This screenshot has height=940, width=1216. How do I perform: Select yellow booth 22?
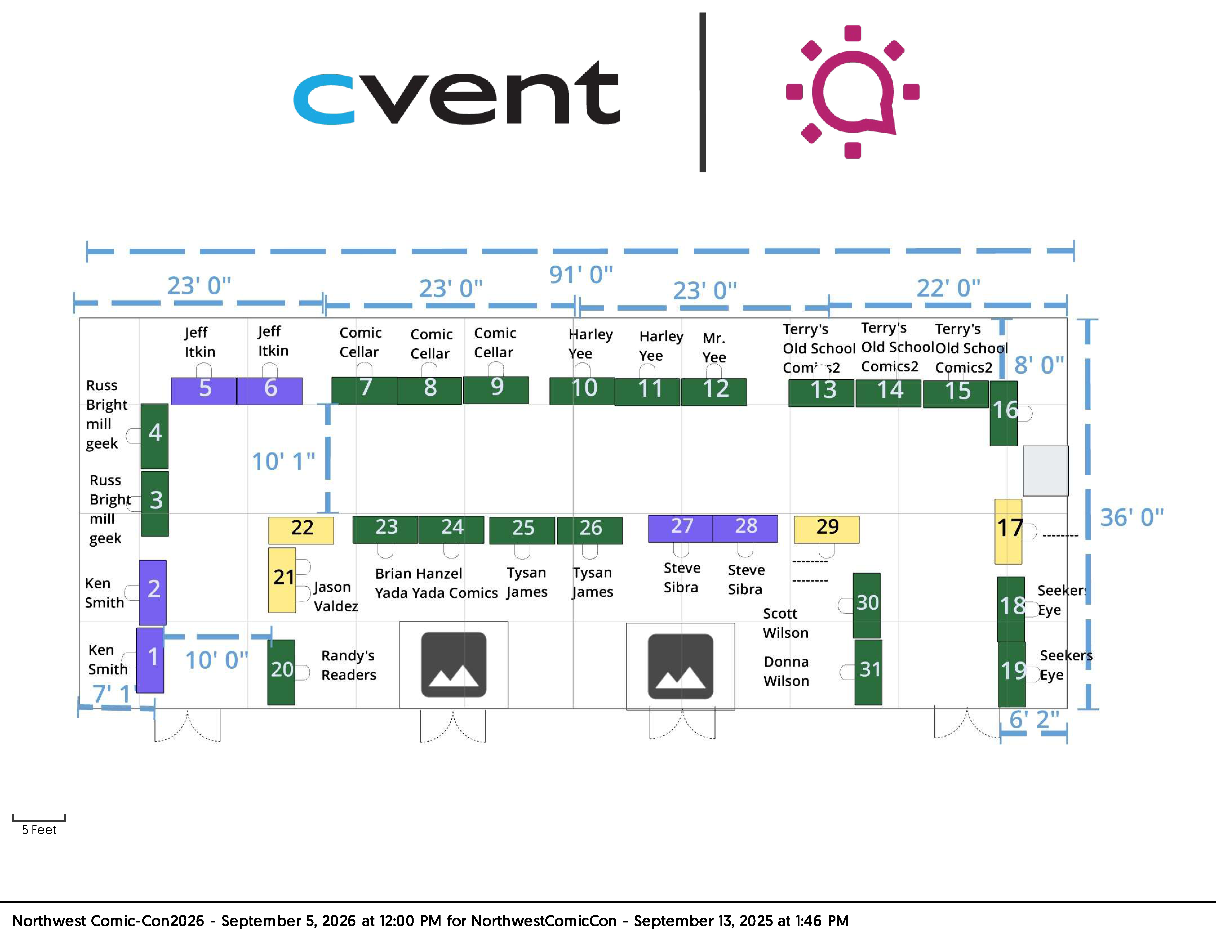pos(301,530)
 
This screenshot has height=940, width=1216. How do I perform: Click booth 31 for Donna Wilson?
pos(868,672)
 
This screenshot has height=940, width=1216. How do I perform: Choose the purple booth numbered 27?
pos(680,529)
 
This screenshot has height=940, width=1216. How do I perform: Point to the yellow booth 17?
pos(1008,531)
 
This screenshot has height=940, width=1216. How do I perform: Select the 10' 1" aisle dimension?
pos(283,462)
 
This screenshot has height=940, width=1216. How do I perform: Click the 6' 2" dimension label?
pos(1034,719)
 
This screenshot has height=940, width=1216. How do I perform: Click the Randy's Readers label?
pos(349,665)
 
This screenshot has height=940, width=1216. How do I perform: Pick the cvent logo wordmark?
pos(457,92)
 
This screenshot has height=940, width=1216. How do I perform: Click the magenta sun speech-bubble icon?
pos(852,92)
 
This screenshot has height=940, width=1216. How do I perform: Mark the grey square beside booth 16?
pos(1045,471)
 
